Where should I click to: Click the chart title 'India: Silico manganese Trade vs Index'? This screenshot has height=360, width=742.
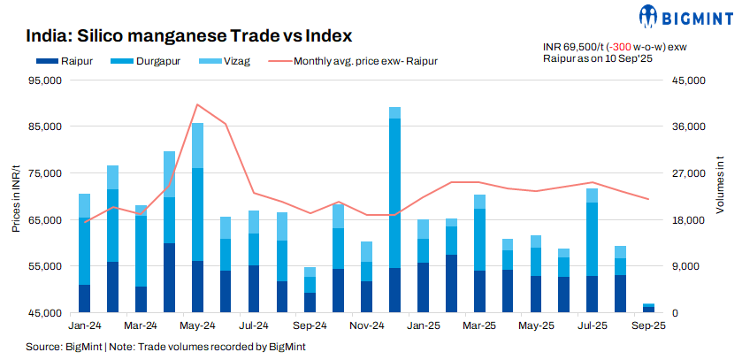click(x=189, y=36)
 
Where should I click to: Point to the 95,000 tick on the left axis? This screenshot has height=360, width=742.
click(x=44, y=80)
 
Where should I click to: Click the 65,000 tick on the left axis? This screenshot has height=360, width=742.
click(x=44, y=219)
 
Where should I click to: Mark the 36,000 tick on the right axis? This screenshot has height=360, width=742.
click(x=685, y=126)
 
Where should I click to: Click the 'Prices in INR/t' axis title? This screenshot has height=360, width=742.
click(x=16, y=196)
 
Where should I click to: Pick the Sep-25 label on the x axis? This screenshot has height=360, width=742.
click(x=648, y=326)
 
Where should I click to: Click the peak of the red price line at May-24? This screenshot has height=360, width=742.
click(x=197, y=104)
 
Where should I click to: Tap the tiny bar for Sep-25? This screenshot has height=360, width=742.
click(x=648, y=309)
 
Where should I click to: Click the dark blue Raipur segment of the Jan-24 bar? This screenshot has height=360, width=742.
click(x=85, y=298)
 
